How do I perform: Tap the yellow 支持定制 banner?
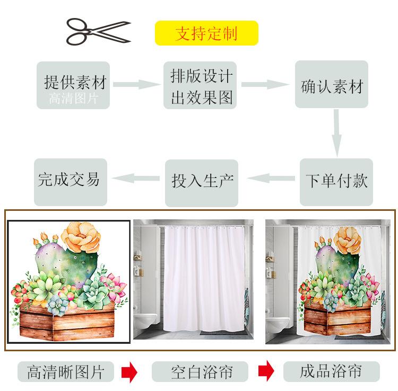click(x=206, y=33)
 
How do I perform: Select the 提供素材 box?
click(x=73, y=85)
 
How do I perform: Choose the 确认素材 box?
click(x=332, y=85)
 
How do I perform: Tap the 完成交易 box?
click(x=71, y=181)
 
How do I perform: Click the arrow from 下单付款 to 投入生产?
click(x=271, y=179)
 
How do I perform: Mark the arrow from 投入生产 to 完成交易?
click(x=136, y=179)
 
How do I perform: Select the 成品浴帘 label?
click(x=332, y=371)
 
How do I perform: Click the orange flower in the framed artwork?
click(x=81, y=237)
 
